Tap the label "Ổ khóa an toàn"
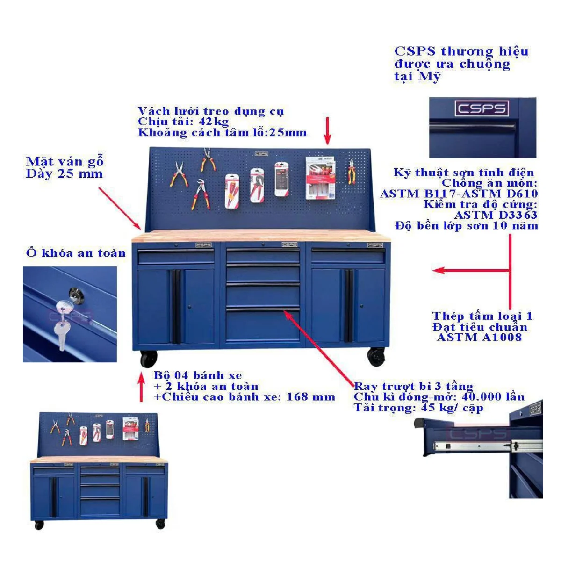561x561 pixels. coord(76,253)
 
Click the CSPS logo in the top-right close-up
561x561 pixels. coord(482,108)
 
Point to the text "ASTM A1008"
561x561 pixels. coord(480,338)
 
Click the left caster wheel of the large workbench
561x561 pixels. coord(149,359)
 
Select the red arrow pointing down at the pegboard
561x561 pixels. coord(328,131)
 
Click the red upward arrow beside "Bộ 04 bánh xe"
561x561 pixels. coord(142,387)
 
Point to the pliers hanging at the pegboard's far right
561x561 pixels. coord(352,172)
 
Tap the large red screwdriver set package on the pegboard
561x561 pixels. coord(320,178)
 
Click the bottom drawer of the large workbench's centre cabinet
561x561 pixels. coord(263,325)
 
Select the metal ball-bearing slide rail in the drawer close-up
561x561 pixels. coord(489,446)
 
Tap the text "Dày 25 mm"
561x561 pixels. coord(65,174)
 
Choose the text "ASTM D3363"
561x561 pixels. coord(496,215)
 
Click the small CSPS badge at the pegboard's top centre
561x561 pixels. coord(261,154)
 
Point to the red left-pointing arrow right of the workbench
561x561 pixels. coord(471,271)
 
